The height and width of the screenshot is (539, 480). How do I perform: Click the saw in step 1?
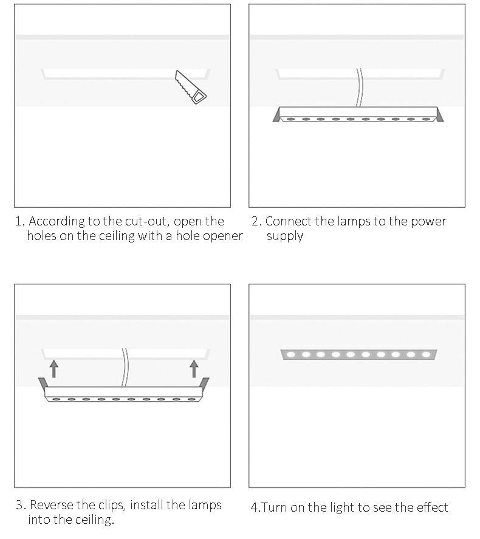tap(191, 88)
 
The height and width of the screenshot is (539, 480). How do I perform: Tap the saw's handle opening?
tap(198, 97)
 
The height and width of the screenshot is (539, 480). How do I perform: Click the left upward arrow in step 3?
tap(53, 368)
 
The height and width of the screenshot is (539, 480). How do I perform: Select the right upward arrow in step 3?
tap(194, 368)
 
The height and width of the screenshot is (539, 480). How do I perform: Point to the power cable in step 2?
tap(359, 88)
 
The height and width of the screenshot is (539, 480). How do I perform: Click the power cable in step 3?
tap(125, 368)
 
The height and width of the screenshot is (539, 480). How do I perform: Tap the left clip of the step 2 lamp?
tap(276, 114)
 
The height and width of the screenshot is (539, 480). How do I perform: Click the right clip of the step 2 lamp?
tap(440, 114)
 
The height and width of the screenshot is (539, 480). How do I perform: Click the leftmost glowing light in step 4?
tap(291, 354)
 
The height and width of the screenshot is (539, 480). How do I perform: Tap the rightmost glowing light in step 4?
tap(426, 354)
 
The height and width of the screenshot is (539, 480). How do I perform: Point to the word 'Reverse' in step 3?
tap(52, 505)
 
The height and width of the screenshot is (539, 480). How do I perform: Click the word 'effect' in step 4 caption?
tap(433, 507)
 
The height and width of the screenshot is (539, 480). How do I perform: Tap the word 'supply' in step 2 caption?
tap(285, 237)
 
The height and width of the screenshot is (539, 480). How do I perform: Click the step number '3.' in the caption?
tap(21, 506)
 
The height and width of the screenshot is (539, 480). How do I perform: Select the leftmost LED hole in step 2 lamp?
tap(291, 119)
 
